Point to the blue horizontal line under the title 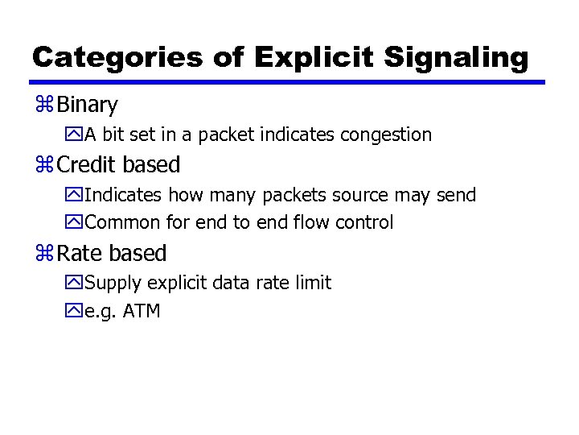287,81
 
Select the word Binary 88,105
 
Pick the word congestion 386,135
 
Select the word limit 314,283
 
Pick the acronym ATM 142,311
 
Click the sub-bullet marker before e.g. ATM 76,311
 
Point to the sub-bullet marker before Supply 76,283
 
